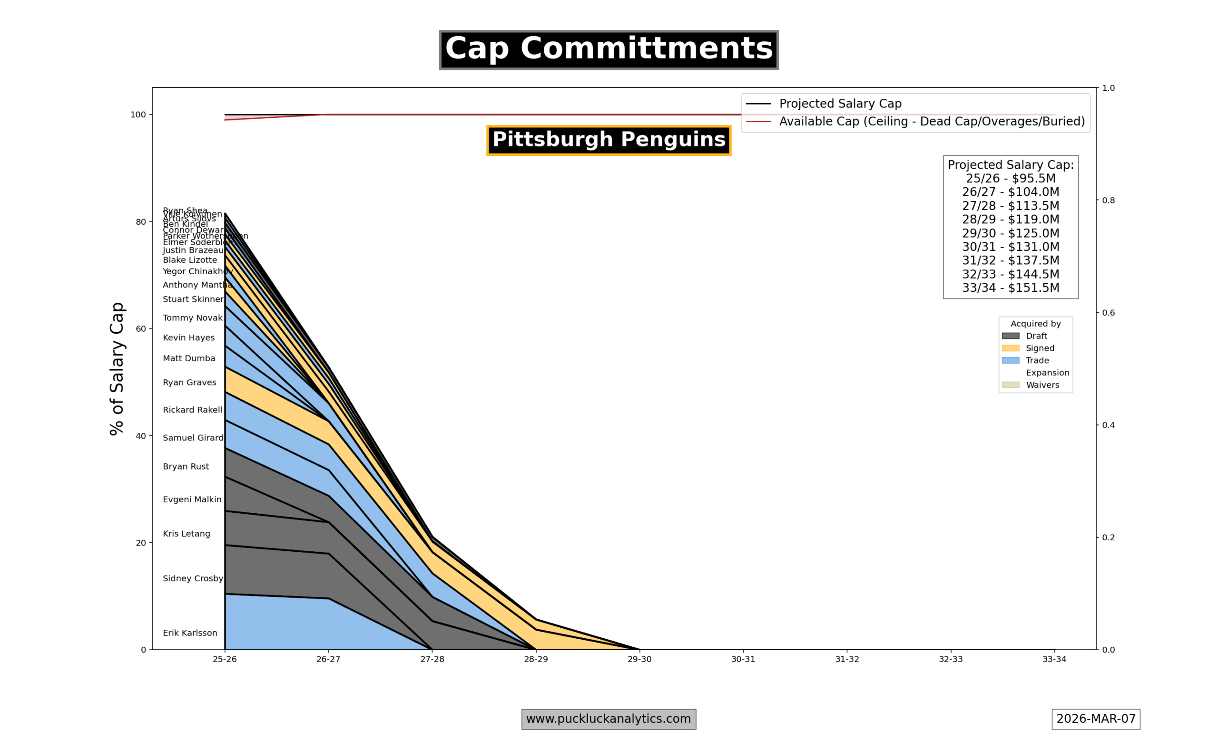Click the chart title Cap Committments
click(x=609, y=49)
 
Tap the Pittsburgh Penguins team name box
click(x=609, y=140)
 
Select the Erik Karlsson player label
click(x=189, y=633)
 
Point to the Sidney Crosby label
click(x=193, y=578)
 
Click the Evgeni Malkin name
click(x=192, y=499)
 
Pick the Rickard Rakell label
click(x=193, y=410)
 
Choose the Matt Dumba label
click(x=189, y=359)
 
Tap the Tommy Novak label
click(x=193, y=318)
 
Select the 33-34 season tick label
click(x=1054, y=659)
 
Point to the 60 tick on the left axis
click(x=141, y=328)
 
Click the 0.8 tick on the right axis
click(x=1108, y=200)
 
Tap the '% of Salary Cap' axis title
click(x=117, y=368)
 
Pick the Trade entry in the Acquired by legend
click(x=1037, y=361)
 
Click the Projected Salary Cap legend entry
click(x=840, y=104)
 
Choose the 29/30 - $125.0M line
click(x=1010, y=233)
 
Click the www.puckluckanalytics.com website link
click(x=609, y=719)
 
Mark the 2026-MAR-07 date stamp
click(x=1095, y=719)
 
